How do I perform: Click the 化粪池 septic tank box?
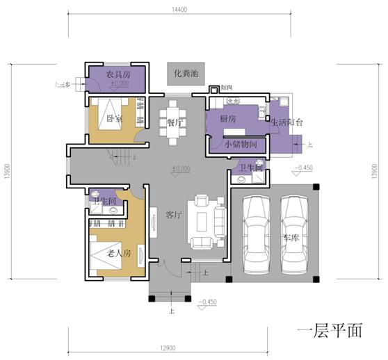pyautogui.click(x=184, y=73)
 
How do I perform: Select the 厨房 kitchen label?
pyautogui.click(x=228, y=120)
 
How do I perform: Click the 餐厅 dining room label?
pyautogui.click(x=175, y=122)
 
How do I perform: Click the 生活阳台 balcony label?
pyautogui.click(x=288, y=123)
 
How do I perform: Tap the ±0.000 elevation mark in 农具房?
pyautogui.click(x=119, y=83)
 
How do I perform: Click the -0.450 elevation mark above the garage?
pyautogui.click(x=303, y=168)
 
